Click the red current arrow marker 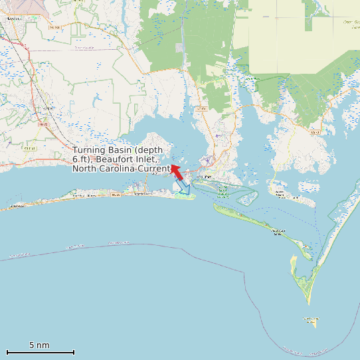[177, 172]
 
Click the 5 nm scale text [39, 345]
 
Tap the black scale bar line [40, 352]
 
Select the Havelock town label [13, 19]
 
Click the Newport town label [47, 108]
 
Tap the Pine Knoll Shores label [84, 196]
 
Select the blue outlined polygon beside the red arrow [182, 187]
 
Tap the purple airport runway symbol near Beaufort [209, 159]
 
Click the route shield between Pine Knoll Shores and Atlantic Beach [116, 195]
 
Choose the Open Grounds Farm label [351, 23]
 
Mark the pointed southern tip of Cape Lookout [308, 303]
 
